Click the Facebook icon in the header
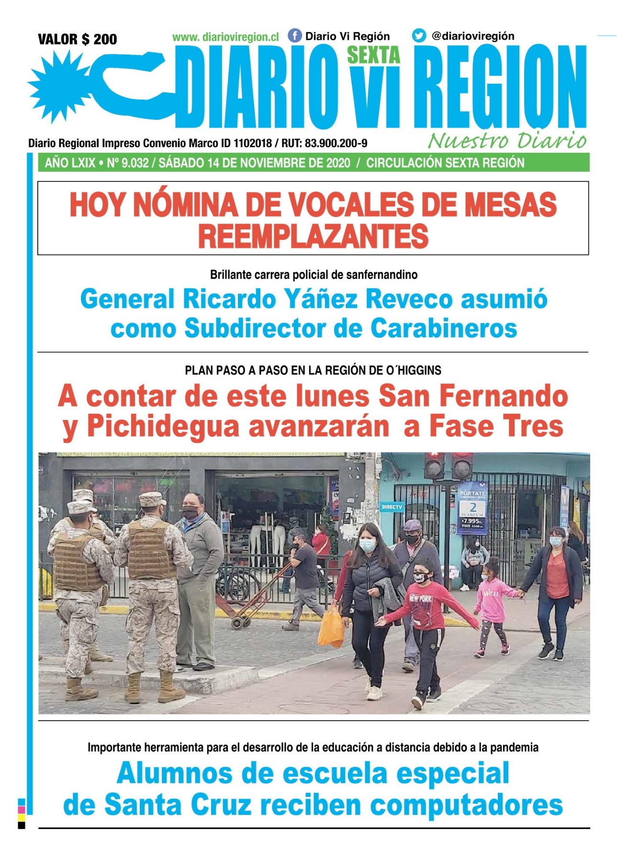[294, 36]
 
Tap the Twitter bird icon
[419, 36]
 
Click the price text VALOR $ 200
[77, 39]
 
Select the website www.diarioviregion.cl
[225, 37]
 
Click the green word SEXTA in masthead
[373, 56]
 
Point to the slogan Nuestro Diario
[507, 141]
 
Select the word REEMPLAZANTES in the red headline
[313, 237]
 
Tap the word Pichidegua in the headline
[163, 426]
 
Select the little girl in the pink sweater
[493, 606]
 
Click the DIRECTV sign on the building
[392, 507]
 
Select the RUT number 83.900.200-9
[336, 143]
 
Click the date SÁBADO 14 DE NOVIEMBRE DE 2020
[254, 163]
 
